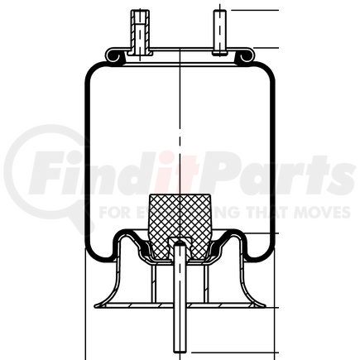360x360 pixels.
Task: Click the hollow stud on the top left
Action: tap(138, 31)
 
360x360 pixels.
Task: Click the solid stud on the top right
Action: tap(221, 31)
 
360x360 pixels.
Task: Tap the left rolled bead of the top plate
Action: tap(114, 57)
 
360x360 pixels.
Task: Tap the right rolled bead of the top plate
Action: tap(245, 57)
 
